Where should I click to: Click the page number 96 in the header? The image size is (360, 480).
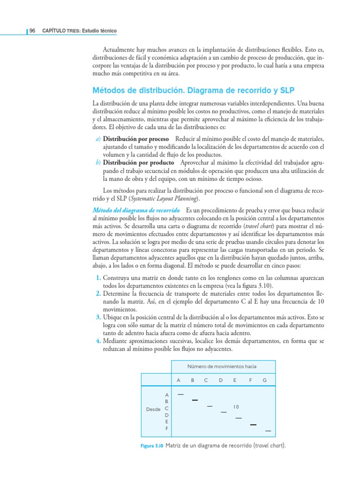coord(32,31)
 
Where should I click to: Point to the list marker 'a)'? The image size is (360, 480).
coord(98,139)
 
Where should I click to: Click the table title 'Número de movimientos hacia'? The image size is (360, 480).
coord(222,366)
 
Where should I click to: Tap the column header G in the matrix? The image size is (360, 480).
coord(264,380)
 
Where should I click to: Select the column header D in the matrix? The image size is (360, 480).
coord(220,380)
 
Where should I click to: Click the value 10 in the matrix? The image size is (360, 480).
coord(236,407)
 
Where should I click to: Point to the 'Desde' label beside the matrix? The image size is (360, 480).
coord(153,409)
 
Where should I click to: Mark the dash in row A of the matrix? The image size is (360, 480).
coord(180,393)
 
